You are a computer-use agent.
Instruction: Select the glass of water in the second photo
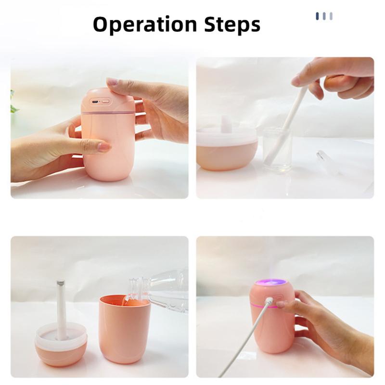pyautogui.click(x=277, y=149)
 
